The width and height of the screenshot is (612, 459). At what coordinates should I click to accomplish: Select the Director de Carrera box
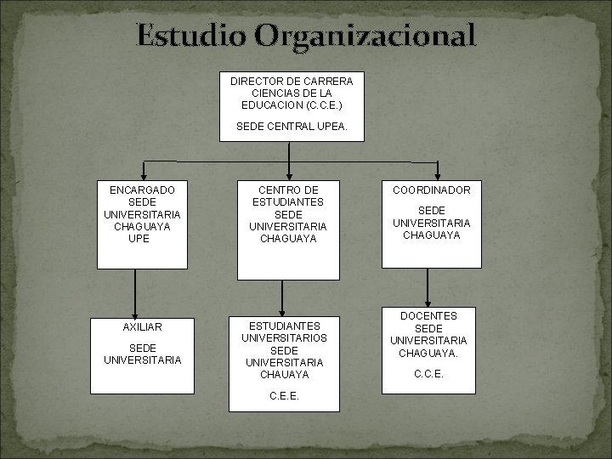point(291,106)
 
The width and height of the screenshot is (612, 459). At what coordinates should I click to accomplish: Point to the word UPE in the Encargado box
point(142,240)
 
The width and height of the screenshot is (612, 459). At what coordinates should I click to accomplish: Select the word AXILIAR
point(142,327)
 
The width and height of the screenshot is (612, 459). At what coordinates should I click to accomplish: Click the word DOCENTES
point(429,316)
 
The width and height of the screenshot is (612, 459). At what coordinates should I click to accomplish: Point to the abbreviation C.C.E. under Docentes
point(429,372)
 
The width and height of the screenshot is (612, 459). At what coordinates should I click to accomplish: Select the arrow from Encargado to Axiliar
point(134,289)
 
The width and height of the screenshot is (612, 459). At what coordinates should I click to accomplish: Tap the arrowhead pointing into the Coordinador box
point(438,174)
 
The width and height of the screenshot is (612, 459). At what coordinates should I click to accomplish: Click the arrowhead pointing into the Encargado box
point(144,174)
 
